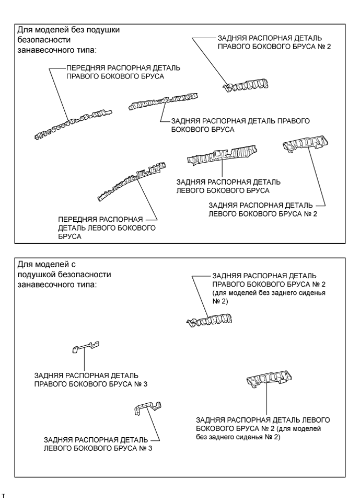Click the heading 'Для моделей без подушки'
68,30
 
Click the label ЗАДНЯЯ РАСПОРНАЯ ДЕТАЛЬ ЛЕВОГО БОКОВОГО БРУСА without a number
228,186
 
